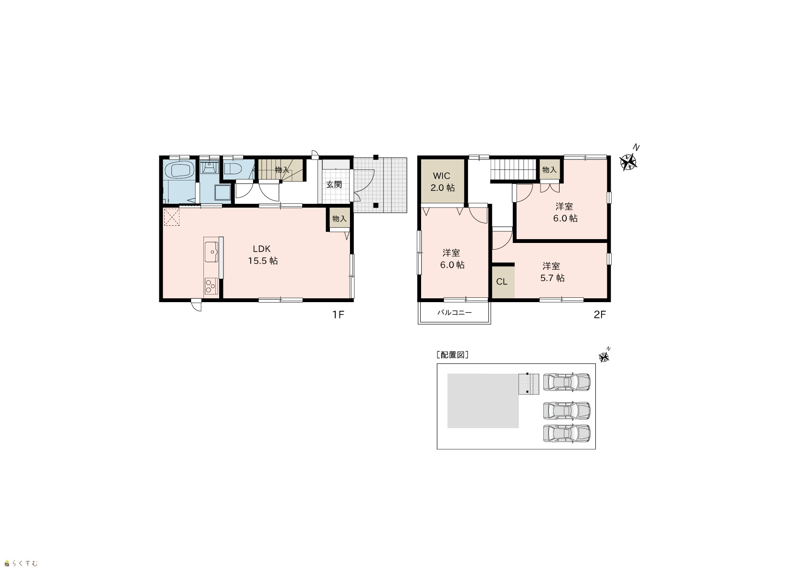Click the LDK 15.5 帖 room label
pyautogui.click(x=263, y=255)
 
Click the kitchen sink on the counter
pyautogui.click(x=212, y=252)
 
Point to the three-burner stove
pyautogui.click(x=211, y=286)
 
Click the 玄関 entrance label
pyautogui.click(x=334, y=184)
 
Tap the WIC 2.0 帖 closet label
pyautogui.click(x=442, y=181)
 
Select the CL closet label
pyautogui.click(x=502, y=282)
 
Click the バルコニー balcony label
pyautogui.click(x=455, y=313)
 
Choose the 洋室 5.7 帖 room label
pyautogui.click(x=552, y=272)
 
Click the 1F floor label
pyautogui.click(x=338, y=315)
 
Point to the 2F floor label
pyautogui.click(x=600, y=315)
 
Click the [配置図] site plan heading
pyautogui.click(x=453, y=355)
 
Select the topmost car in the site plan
pyautogui.click(x=567, y=382)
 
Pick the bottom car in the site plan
pyautogui.click(x=567, y=433)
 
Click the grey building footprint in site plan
pyautogui.click(x=483, y=401)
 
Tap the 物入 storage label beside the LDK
pyautogui.click(x=339, y=219)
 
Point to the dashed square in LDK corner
pyautogui.click(x=171, y=217)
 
